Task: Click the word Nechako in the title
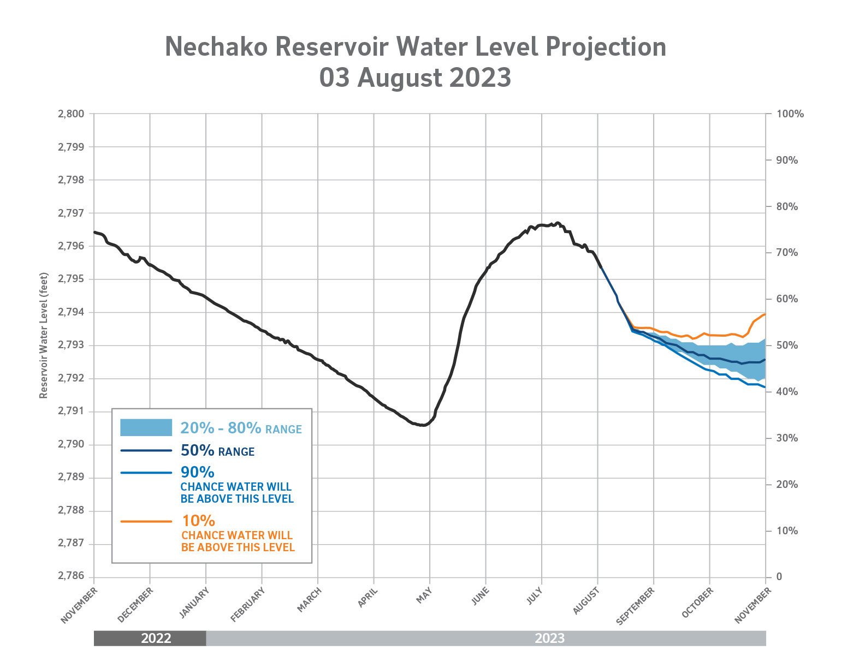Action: tap(216, 47)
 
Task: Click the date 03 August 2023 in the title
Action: tap(415, 77)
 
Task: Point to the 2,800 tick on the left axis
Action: tap(71, 114)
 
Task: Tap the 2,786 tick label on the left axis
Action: tap(71, 576)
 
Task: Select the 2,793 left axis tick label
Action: tap(71, 345)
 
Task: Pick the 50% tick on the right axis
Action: tap(787, 345)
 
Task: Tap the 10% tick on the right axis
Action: tap(787, 530)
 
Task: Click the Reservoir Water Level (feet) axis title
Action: tap(44, 336)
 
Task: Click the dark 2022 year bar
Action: tap(150, 638)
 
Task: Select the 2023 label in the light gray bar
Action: tap(549, 638)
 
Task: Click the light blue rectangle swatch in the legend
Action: tap(146, 427)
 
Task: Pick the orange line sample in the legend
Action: tap(146, 521)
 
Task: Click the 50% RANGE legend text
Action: tap(217, 451)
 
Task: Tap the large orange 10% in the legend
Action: tap(198, 521)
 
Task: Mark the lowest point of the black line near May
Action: tap(423, 425)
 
